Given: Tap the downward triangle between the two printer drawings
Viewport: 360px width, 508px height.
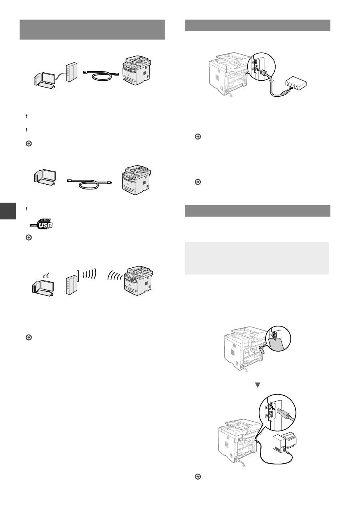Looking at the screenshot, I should (x=258, y=385).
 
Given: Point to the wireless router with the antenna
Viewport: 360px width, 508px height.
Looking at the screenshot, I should (x=71, y=282).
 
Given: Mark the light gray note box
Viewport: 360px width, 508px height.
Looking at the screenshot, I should (x=256, y=258).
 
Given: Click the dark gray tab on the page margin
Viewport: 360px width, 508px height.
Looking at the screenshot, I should (x=8, y=211).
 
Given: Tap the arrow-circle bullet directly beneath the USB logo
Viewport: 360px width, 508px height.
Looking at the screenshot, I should (x=28, y=237).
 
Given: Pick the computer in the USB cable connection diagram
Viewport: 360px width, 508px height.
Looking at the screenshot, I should (x=45, y=178).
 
